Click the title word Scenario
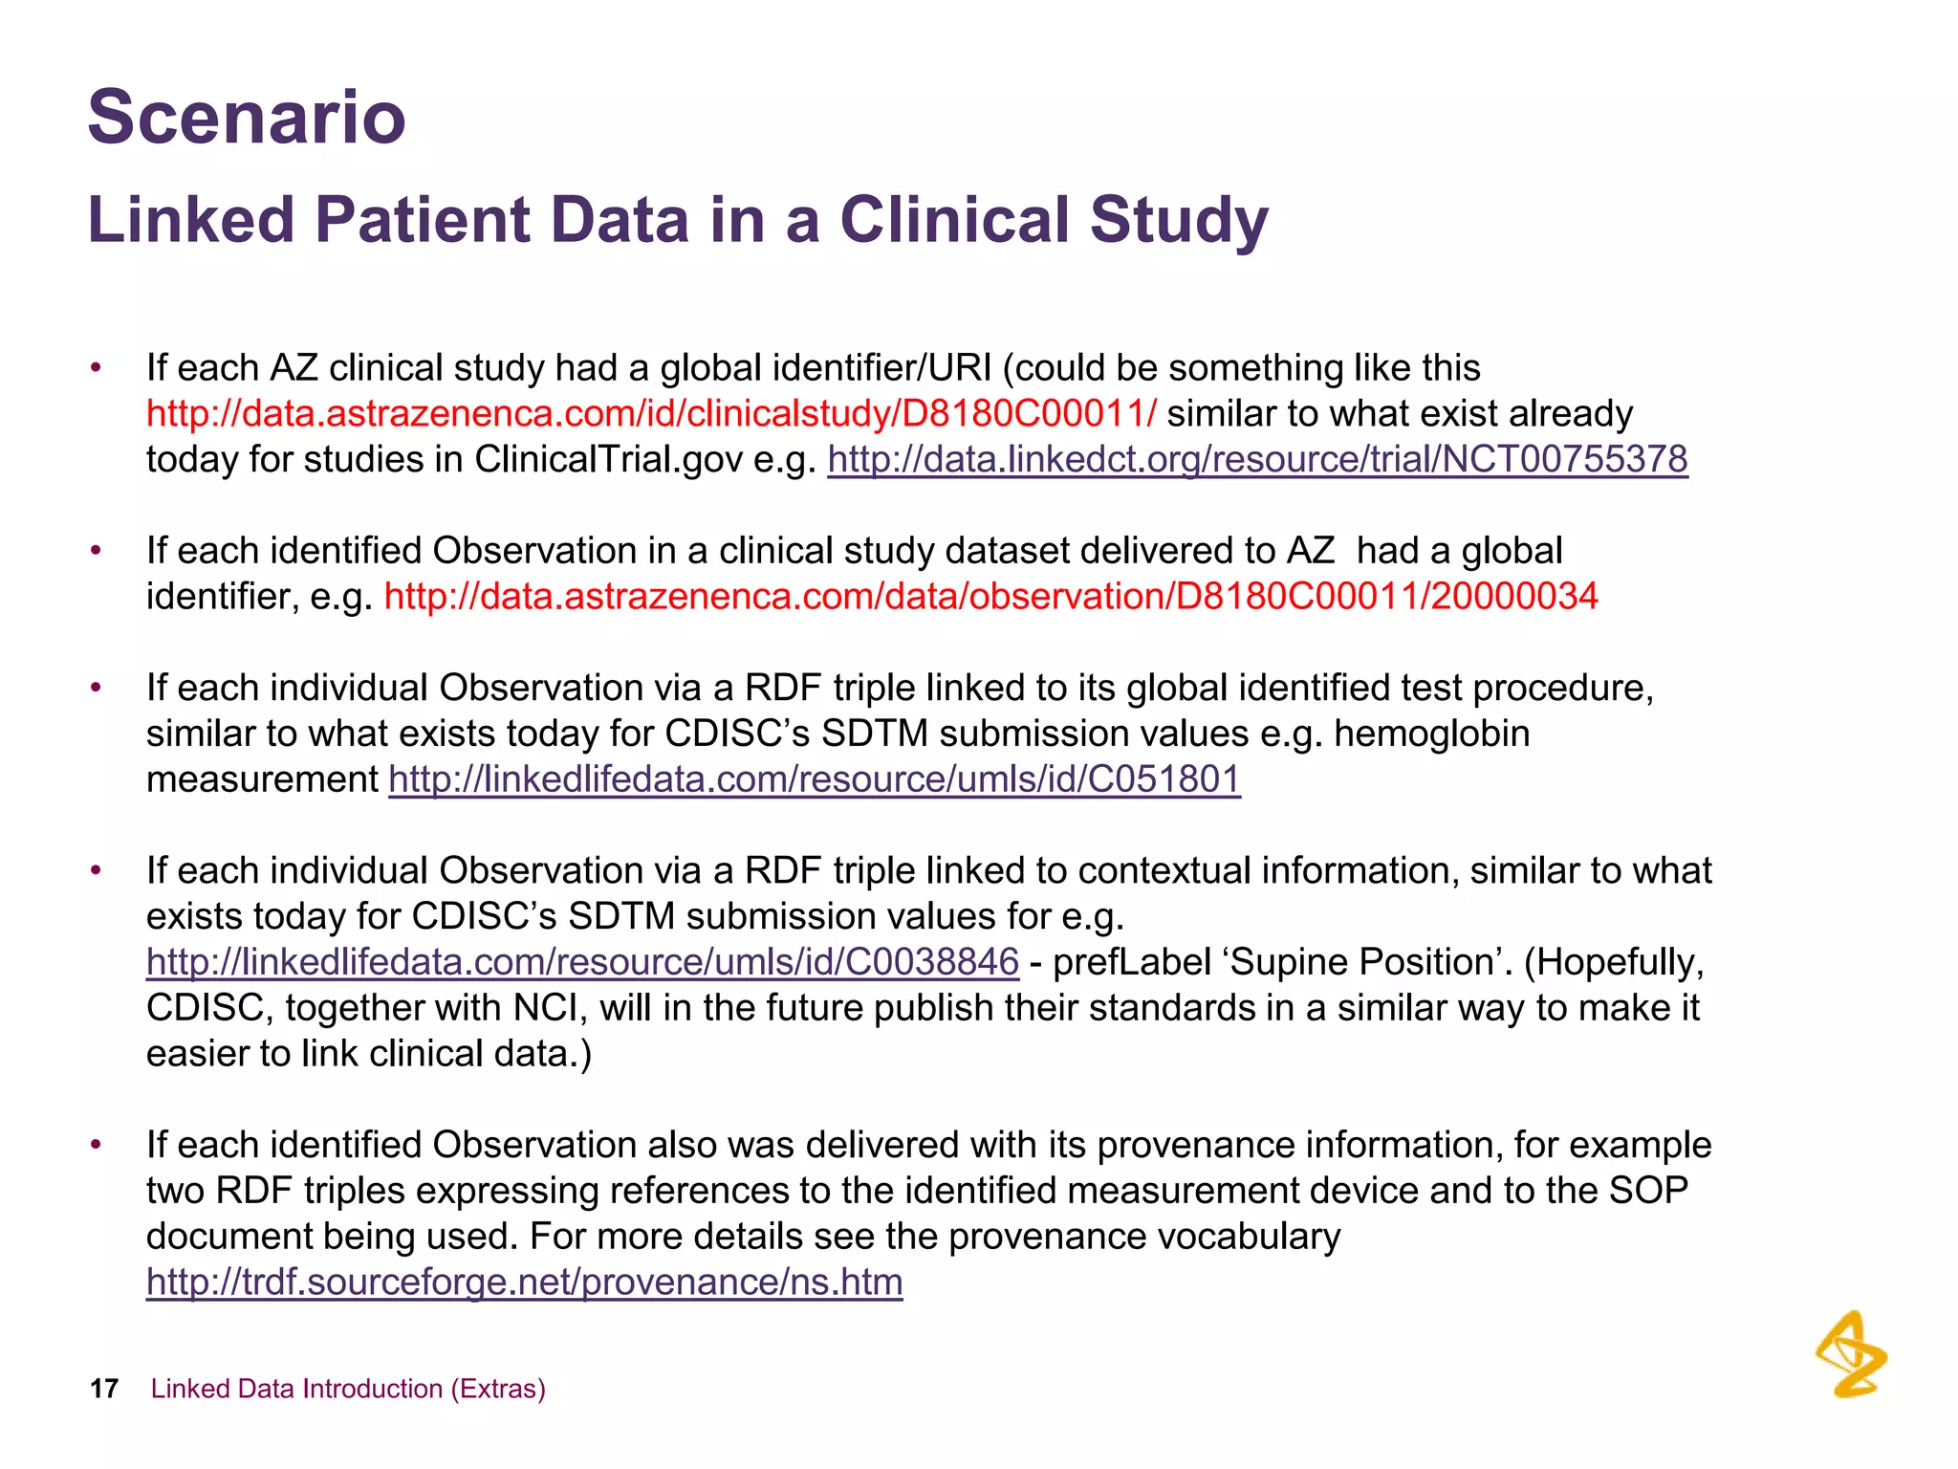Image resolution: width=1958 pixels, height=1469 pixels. click(247, 118)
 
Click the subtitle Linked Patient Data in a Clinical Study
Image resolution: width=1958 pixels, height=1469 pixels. click(678, 220)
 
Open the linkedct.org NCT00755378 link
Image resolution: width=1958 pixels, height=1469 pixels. click(1257, 460)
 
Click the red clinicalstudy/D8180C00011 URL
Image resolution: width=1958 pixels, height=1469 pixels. click(651, 414)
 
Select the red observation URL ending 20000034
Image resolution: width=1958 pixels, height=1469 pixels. click(990, 597)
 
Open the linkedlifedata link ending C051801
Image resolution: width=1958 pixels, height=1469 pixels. click(815, 779)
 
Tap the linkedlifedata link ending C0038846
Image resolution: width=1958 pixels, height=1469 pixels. click(582, 962)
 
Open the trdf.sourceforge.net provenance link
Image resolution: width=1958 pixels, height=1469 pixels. click(524, 1283)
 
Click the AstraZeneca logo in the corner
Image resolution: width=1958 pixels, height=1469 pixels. click(1851, 1354)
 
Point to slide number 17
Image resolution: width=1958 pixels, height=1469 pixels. click(103, 1389)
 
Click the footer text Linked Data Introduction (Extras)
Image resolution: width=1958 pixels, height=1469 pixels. click(348, 1389)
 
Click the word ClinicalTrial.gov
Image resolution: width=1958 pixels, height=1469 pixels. click(608, 460)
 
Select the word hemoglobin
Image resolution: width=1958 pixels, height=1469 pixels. click(1431, 734)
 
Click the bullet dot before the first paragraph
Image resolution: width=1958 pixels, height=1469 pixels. click(95, 368)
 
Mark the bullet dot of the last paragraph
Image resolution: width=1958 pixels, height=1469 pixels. click(95, 1145)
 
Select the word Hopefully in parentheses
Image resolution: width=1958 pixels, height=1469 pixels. click(1617, 962)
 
